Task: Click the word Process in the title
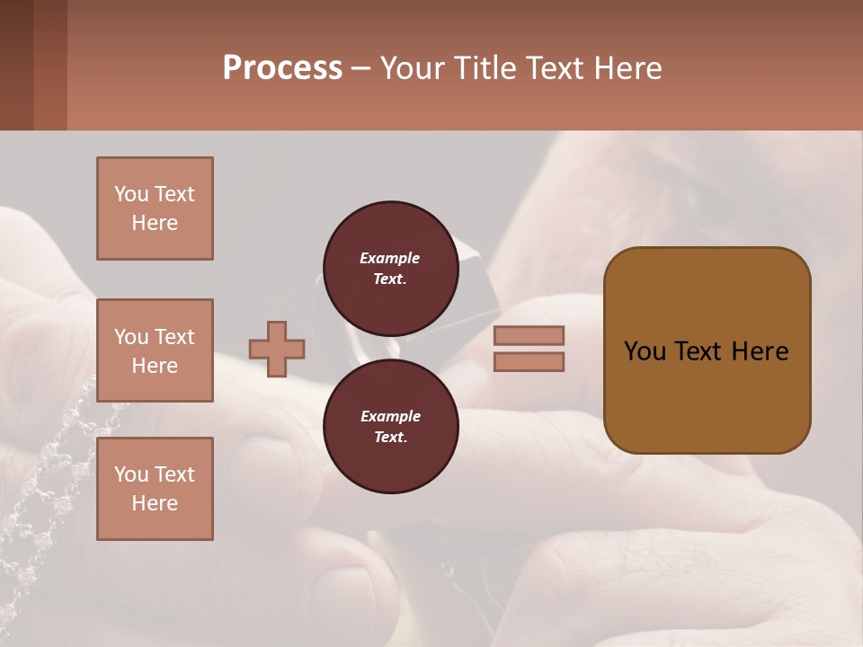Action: click(282, 68)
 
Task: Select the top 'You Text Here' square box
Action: click(155, 208)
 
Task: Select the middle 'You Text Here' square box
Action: click(155, 350)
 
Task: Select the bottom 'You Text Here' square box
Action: click(155, 489)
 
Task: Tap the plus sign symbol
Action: click(276, 349)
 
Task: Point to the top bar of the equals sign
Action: click(529, 335)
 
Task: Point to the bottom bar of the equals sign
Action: click(529, 362)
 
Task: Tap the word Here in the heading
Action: click(628, 68)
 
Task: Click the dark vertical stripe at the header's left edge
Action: click(16, 65)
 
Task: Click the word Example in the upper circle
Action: click(389, 258)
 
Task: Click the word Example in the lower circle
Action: click(389, 416)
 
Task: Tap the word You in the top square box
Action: click(131, 194)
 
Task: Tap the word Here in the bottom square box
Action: click(155, 503)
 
